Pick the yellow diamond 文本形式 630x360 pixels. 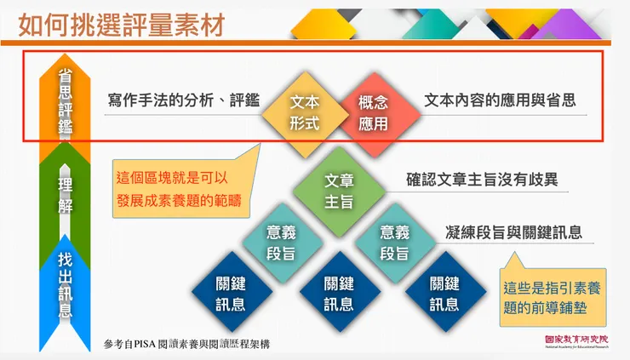(305, 112)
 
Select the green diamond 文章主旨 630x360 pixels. (339, 191)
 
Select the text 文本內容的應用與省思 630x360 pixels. (500, 100)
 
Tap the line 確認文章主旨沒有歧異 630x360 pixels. (482, 180)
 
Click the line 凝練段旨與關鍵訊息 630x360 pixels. (513, 232)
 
